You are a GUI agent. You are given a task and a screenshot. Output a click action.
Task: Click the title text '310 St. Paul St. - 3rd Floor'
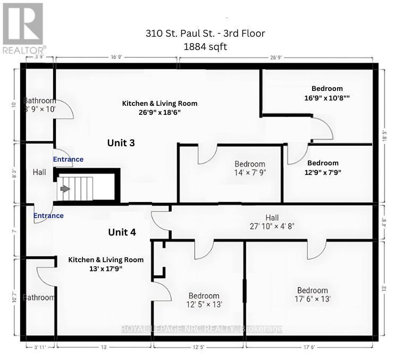click(x=205, y=34)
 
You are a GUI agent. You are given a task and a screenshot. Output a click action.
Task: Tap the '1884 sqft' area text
click(x=205, y=47)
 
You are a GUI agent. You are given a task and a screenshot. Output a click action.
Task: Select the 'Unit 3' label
click(x=121, y=143)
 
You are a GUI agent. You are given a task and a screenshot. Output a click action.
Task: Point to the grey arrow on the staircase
click(x=64, y=188)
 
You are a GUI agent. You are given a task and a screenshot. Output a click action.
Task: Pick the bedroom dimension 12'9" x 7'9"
click(x=323, y=172)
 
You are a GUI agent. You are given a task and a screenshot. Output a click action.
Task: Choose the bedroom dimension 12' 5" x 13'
click(x=204, y=305)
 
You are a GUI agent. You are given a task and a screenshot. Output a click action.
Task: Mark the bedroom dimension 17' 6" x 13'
click(x=313, y=299)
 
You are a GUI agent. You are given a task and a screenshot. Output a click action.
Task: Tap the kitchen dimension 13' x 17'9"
click(x=106, y=269)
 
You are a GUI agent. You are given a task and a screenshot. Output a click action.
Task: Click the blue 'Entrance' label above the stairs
click(x=68, y=159)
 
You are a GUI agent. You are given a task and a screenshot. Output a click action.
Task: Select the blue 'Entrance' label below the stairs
click(x=48, y=215)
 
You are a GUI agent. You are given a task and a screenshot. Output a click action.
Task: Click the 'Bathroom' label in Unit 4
click(x=39, y=297)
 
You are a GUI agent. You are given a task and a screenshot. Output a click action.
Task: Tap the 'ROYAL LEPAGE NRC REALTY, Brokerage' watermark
click(x=202, y=329)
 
